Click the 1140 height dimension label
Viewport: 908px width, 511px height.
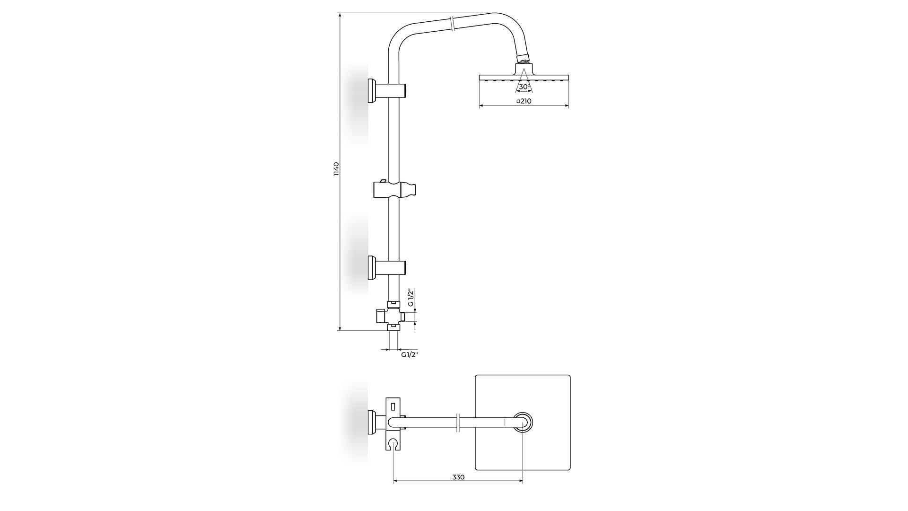pos(336,169)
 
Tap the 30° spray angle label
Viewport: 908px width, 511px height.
pos(524,87)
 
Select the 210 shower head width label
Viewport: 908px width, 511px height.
pos(526,101)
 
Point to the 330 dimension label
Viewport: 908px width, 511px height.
pos(458,477)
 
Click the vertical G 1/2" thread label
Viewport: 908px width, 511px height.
pos(411,297)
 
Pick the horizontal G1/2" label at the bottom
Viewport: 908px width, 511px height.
pos(410,354)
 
